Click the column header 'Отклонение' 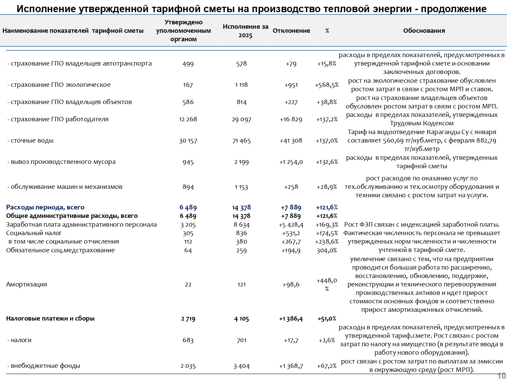[x=291, y=31]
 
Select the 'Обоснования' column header [x=424, y=31]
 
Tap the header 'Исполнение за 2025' [x=245, y=31]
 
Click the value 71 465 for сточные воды [x=242, y=141]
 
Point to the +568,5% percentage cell [x=327, y=85]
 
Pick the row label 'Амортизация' [x=27, y=284]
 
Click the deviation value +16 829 [x=291, y=120]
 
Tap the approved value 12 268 [x=188, y=120]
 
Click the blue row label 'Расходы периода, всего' [x=45, y=207]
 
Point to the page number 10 [x=502, y=376]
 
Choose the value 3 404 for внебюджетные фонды [x=242, y=366]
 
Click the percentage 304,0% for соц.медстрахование [x=327, y=251]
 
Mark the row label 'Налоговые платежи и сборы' [x=50, y=319]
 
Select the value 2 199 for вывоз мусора [x=242, y=162]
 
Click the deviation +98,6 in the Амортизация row [x=291, y=284]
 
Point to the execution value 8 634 [x=242, y=225]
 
